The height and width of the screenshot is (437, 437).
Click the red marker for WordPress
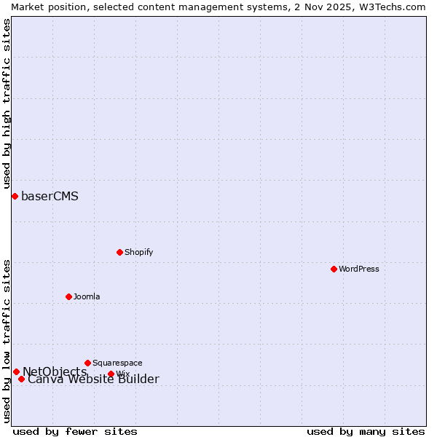[334, 269]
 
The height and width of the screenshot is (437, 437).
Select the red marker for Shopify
[119, 252]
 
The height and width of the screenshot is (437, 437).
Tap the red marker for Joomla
[68, 296]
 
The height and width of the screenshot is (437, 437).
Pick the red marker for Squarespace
[87, 363]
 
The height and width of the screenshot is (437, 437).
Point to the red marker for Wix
[111, 374]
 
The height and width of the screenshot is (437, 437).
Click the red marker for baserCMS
[15, 196]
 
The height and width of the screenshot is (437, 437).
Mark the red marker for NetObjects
[16, 371]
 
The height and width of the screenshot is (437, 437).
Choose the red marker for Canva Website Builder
[21, 379]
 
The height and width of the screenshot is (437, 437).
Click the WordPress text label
[359, 269]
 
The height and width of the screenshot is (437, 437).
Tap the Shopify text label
[138, 252]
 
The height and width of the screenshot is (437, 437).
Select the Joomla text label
[87, 296]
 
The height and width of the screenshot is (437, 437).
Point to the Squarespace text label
[117, 363]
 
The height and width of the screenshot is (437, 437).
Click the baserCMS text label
[50, 196]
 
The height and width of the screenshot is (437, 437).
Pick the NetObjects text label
[55, 371]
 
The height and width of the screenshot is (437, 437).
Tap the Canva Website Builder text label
[93, 379]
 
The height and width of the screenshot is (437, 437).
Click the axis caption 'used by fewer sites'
[75, 431]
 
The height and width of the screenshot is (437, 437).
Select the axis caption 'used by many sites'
[366, 431]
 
